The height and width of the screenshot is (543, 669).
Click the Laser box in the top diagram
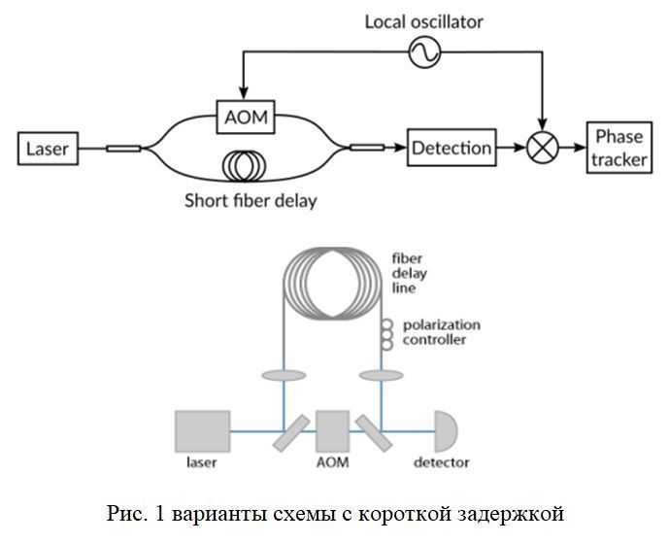coord(48,149)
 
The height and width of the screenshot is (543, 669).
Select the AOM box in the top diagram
coord(246,117)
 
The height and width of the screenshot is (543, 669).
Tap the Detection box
coord(452,148)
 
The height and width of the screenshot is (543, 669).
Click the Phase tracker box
coord(619,148)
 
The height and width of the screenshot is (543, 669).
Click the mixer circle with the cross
coord(542,148)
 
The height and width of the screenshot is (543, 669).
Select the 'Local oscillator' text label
coord(423,22)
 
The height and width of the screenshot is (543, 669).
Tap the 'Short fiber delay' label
coord(251,201)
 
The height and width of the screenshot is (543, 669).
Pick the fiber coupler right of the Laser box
coord(123,149)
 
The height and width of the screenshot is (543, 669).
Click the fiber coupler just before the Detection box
coord(367,148)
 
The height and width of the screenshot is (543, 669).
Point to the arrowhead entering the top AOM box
coord(243,93)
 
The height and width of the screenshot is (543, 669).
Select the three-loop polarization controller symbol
coord(386,335)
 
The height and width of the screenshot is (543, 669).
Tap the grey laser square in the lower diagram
coord(203,431)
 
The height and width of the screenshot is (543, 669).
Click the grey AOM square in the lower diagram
coord(332,431)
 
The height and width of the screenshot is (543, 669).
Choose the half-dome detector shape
coord(446,431)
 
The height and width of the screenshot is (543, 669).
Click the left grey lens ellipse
coord(284,376)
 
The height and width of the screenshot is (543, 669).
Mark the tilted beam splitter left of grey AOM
coord(291,433)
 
